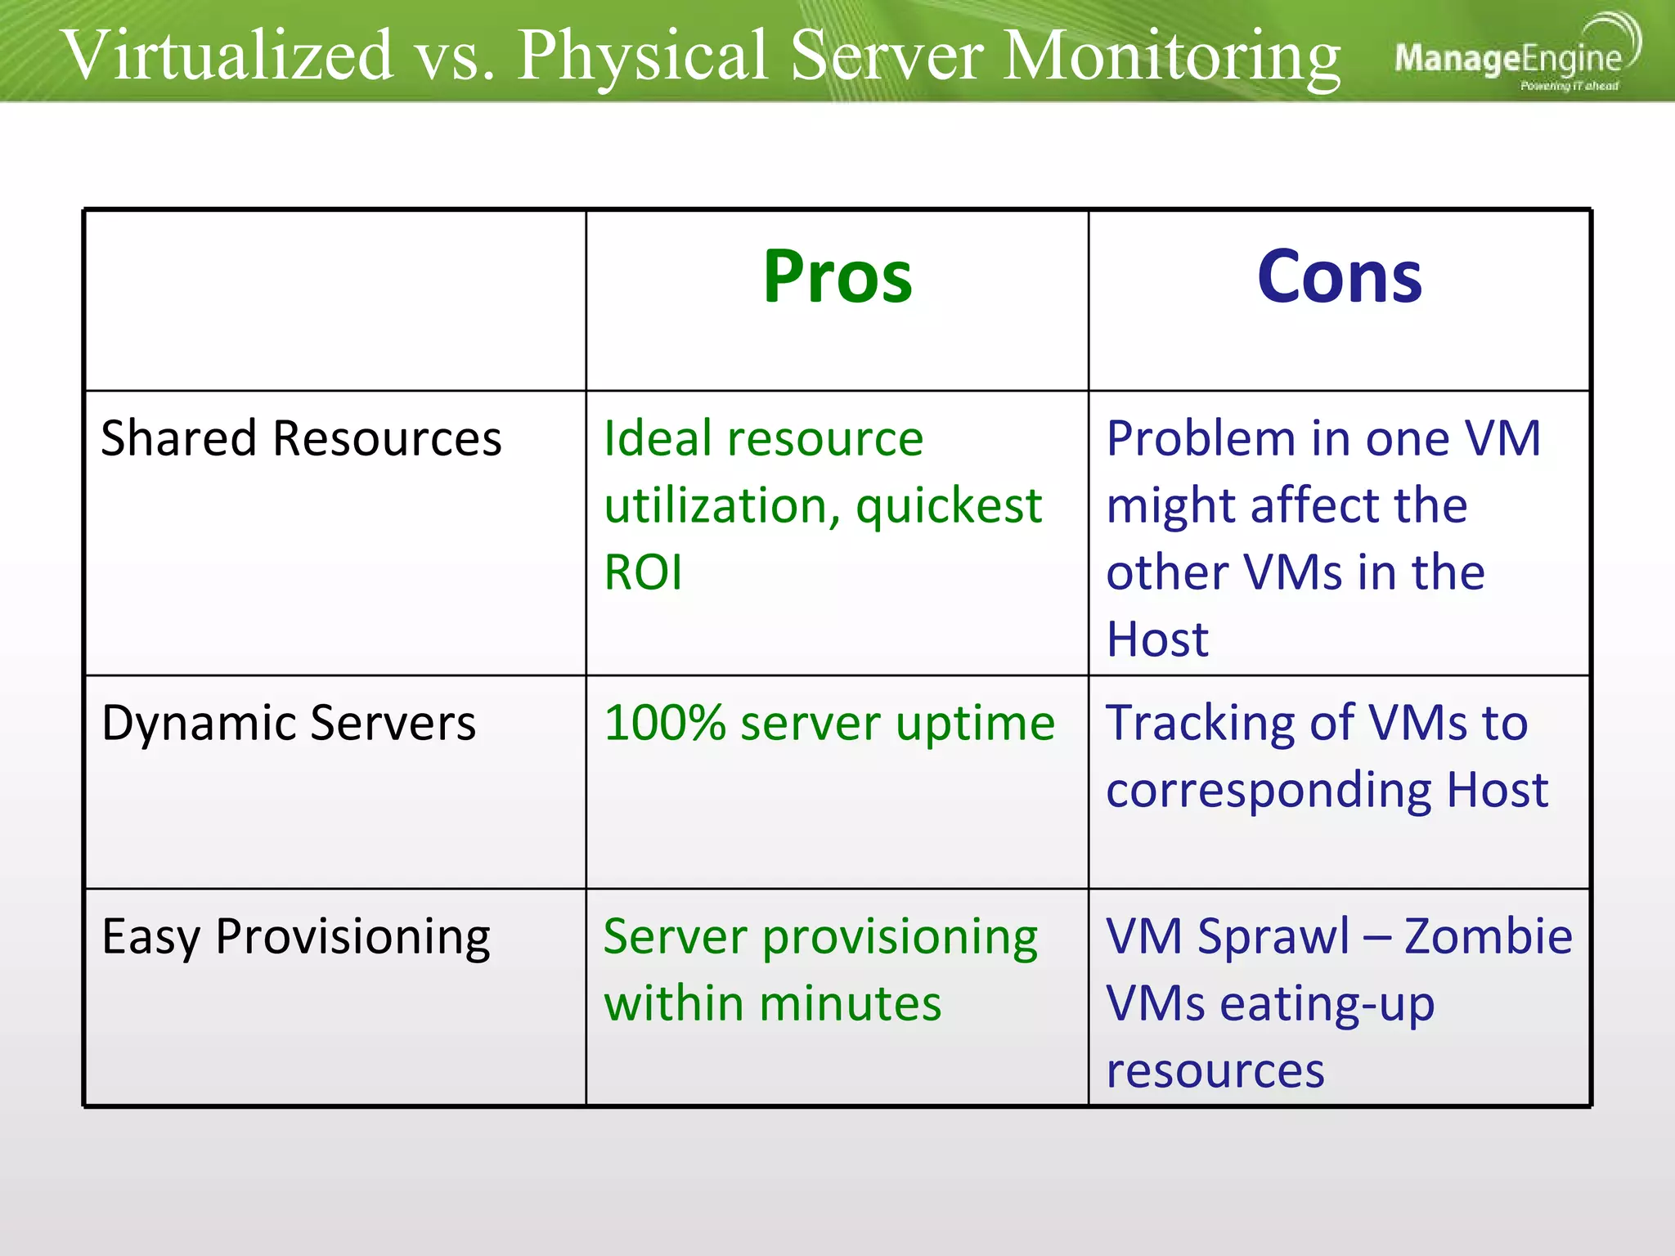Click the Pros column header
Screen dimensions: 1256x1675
pyautogui.click(x=837, y=277)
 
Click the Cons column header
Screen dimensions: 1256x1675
pyautogui.click(x=1339, y=277)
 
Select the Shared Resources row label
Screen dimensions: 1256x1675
pyautogui.click(x=301, y=439)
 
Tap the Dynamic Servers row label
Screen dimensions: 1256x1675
pyautogui.click(x=288, y=724)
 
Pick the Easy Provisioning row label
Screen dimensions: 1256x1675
pyautogui.click(x=295, y=937)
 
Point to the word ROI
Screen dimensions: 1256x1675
pyautogui.click(x=643, y=572)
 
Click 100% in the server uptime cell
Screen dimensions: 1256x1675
pyautogui.click(x=664, y=724)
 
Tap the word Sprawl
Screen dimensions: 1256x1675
pyautogui.click(x=1273, y=937)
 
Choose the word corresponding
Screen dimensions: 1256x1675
pyautogui.click(x=1269, y=792)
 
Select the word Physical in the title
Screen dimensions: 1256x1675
pyautogui.click(x=643, y=57)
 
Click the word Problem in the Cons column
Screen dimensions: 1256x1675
pyautogui.click(x=1200, y=439)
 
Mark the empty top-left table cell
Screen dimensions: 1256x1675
pyautogui.click(x=335, y=300)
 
